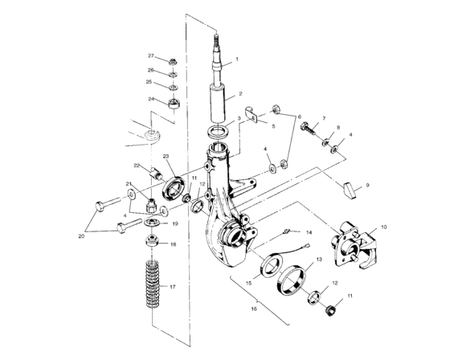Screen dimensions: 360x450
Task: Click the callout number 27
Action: (x=150, y=55)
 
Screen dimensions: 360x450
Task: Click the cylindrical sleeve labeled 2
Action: (x=217, y=102)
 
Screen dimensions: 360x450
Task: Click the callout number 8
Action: (x=337, y=127)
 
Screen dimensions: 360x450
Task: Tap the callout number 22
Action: (x=137, y=166)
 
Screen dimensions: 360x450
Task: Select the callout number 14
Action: (x=309, y=232)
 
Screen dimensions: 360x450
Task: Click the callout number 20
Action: (x=80, y=236)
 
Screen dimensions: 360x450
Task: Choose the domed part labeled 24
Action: (x=173, y=104)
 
